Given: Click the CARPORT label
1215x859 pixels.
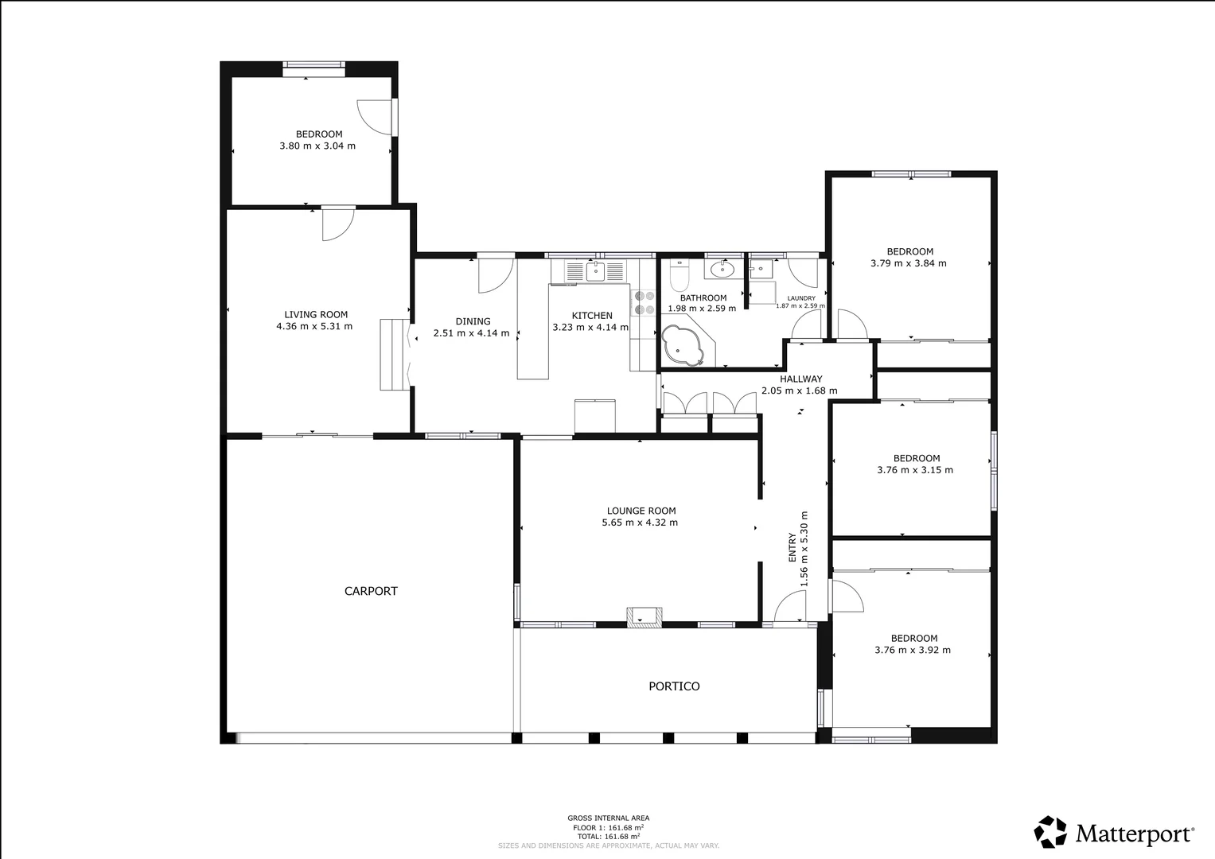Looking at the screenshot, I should (371, 591).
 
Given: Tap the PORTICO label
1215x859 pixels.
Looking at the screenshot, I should (674, 686).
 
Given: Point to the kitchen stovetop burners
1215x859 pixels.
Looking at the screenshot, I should (644, 302).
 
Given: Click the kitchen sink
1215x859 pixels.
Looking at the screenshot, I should (595, 271).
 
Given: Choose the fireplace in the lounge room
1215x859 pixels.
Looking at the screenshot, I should (644, 616).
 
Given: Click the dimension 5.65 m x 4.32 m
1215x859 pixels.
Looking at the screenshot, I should (640, 523).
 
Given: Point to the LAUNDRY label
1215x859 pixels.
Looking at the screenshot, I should (800, 298).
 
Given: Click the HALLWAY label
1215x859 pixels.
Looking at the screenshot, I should (800, 379).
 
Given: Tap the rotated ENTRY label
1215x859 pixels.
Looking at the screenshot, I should (792, 548).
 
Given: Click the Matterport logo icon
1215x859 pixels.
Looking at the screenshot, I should (1050, 832).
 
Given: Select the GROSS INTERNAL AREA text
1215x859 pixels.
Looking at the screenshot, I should (608, 818).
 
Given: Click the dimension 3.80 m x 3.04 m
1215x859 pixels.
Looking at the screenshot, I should (317, 146).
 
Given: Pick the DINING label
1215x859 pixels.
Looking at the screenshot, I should (473, 321).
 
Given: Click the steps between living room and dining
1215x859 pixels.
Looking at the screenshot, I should (393, 354).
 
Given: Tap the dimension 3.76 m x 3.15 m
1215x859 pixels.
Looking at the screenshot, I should (915, 470).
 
